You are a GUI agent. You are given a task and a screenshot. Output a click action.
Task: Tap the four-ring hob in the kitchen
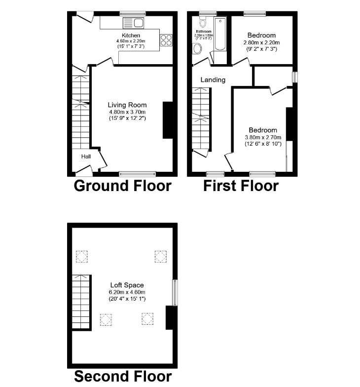[x=166, y=39]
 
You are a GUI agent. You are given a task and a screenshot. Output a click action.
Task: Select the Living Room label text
[x=127, y=105]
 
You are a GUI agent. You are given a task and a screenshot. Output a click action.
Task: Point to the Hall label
[x=86, y=156]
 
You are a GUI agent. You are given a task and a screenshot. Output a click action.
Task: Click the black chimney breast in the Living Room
[x=168, y=120]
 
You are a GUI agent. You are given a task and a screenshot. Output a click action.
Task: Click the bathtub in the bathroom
[x=220, y=34]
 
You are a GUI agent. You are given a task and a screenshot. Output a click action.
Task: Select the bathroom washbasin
[x=198, y=48]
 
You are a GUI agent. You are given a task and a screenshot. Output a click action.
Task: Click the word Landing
[x=213, y=79]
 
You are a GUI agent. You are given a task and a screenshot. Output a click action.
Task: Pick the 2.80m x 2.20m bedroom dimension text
[x=262, y=42]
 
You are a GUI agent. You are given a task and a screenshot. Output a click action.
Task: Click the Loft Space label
[x=127, y=285]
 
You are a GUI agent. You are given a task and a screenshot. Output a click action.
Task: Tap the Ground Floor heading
[x=122, y=186]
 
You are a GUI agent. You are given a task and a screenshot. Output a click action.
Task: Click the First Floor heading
[x=242, y=186]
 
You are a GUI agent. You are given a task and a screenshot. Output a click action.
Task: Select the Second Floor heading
[x=123, y=376]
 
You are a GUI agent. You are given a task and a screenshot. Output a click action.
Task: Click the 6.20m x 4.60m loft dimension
[x=127, y=292]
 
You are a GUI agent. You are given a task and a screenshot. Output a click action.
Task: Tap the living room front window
[x=138, y=174]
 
